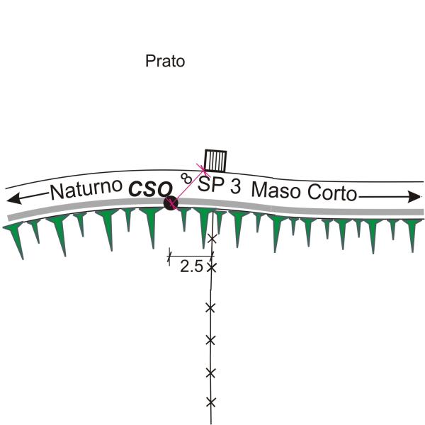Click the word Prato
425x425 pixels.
pyautogui.click(x=165, y=62)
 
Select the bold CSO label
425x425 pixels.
pyautogui.click(x=150, y=190)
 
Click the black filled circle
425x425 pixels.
pyautogui.click(x=170, y=203)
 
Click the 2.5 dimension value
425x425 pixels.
pyautogui.click(x=191, y=267)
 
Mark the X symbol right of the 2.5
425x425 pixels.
pyautogui.click(x=210, y=267)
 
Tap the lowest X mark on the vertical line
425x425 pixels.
pyautogui.click(x=210, y=402)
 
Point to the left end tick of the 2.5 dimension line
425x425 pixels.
pyautogui.click(x=169, y=256)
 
